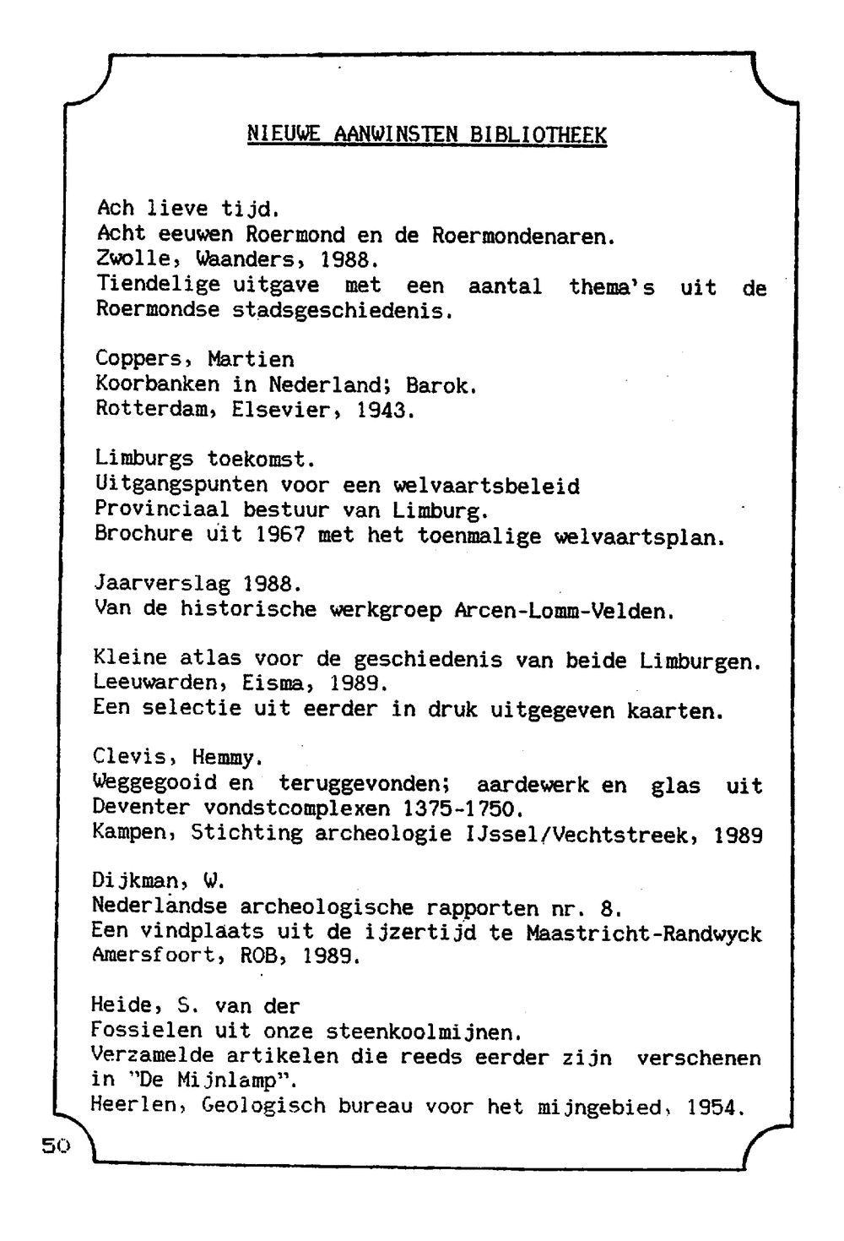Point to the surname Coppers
coord(145,360)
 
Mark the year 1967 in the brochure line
coord(274,536)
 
